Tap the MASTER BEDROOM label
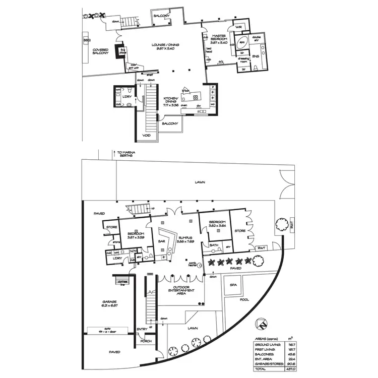pyautogui.click(x=219, y=38)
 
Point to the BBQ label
pyautogui.click(x=86, y=39)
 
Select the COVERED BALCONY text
pyautogui.click(x=102, y=52)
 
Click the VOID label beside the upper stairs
pyautogui.click(x=147, y=135)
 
